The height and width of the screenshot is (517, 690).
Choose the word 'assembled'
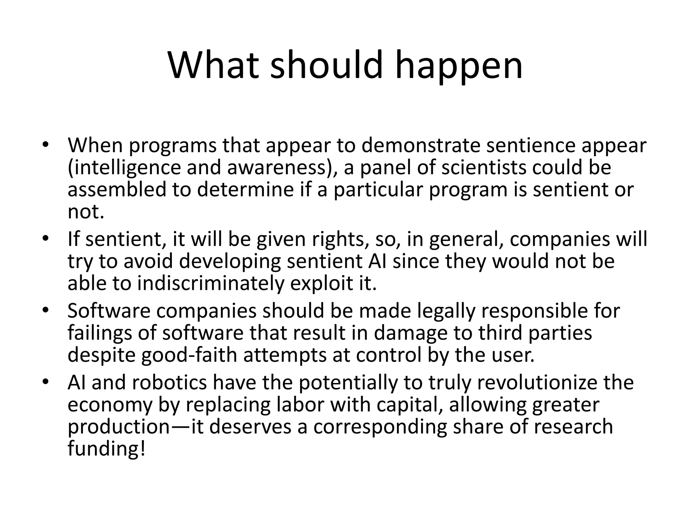pyautogui.click(x=117, y=189)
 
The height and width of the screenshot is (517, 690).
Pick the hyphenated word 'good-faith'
pyautogui.click(x=189, y=355)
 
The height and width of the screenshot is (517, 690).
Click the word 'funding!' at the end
pyautogui.click(x=107, y=449)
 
